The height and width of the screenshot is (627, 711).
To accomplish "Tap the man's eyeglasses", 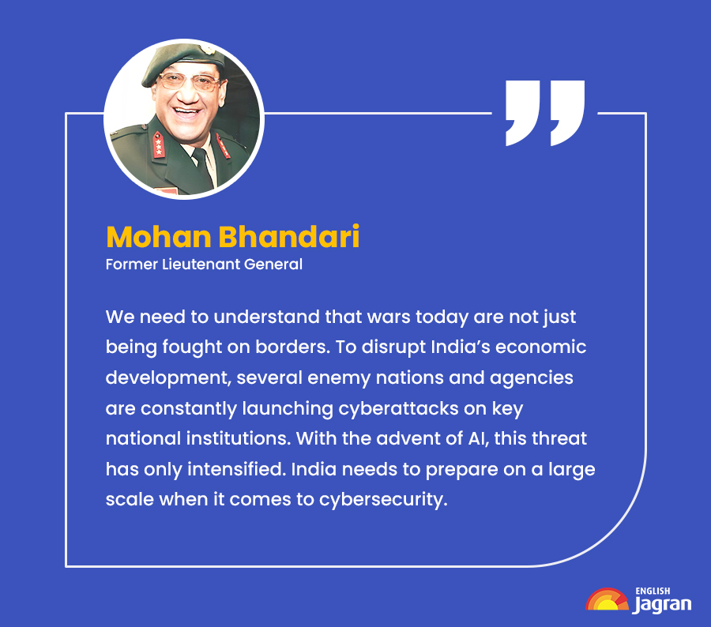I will click(182, 81).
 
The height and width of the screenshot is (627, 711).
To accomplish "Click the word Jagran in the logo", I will click(662, 605).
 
